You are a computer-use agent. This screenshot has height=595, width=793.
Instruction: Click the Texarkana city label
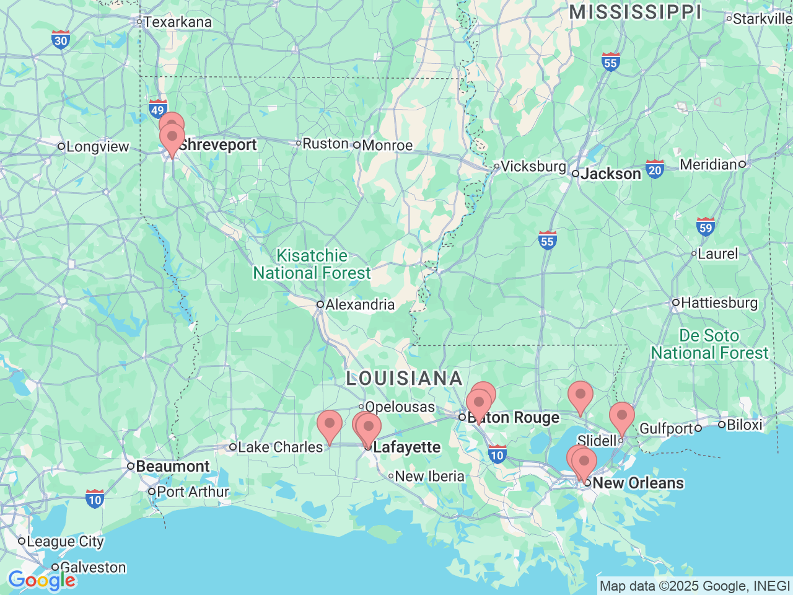(x=177, y=22)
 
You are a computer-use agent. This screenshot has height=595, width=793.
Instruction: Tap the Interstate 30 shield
(x=60, y=40)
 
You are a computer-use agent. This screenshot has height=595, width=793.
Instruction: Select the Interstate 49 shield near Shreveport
(x=158, y=109)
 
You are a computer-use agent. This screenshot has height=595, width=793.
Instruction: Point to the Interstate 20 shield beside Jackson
(x=655, y=169)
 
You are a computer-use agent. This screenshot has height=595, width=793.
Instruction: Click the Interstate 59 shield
(x=705, y=227)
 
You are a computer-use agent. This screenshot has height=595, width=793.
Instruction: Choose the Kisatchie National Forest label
(x=312, y=265)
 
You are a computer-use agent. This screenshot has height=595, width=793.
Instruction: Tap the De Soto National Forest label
(x=709, y=345)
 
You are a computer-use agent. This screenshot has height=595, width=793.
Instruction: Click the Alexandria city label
(x=359, y=305)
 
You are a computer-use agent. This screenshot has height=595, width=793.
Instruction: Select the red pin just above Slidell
(x=621, y=416)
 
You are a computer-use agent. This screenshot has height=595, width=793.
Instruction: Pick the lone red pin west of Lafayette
(x=329, y=424)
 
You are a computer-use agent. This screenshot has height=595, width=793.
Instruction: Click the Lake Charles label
(x=280, y=447)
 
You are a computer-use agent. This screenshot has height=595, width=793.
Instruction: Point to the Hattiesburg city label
(x=719, y=303)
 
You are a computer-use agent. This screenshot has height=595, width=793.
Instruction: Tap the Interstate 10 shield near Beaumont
(x=94, y=498)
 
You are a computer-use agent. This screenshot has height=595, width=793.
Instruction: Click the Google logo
(x=42, y=580)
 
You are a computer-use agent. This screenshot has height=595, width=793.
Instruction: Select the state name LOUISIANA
(x=404, y=378)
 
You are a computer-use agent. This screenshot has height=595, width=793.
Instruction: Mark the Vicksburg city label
(x=533, y=167)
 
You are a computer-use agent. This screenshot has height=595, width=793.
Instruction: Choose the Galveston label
(x=92, y=568)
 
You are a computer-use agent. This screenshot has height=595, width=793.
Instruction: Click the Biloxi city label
(x=744, y=425)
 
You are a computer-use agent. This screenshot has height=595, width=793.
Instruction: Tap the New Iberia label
(x=429, y=477)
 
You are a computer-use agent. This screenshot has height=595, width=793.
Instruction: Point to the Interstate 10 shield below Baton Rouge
(x=497, y=455)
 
